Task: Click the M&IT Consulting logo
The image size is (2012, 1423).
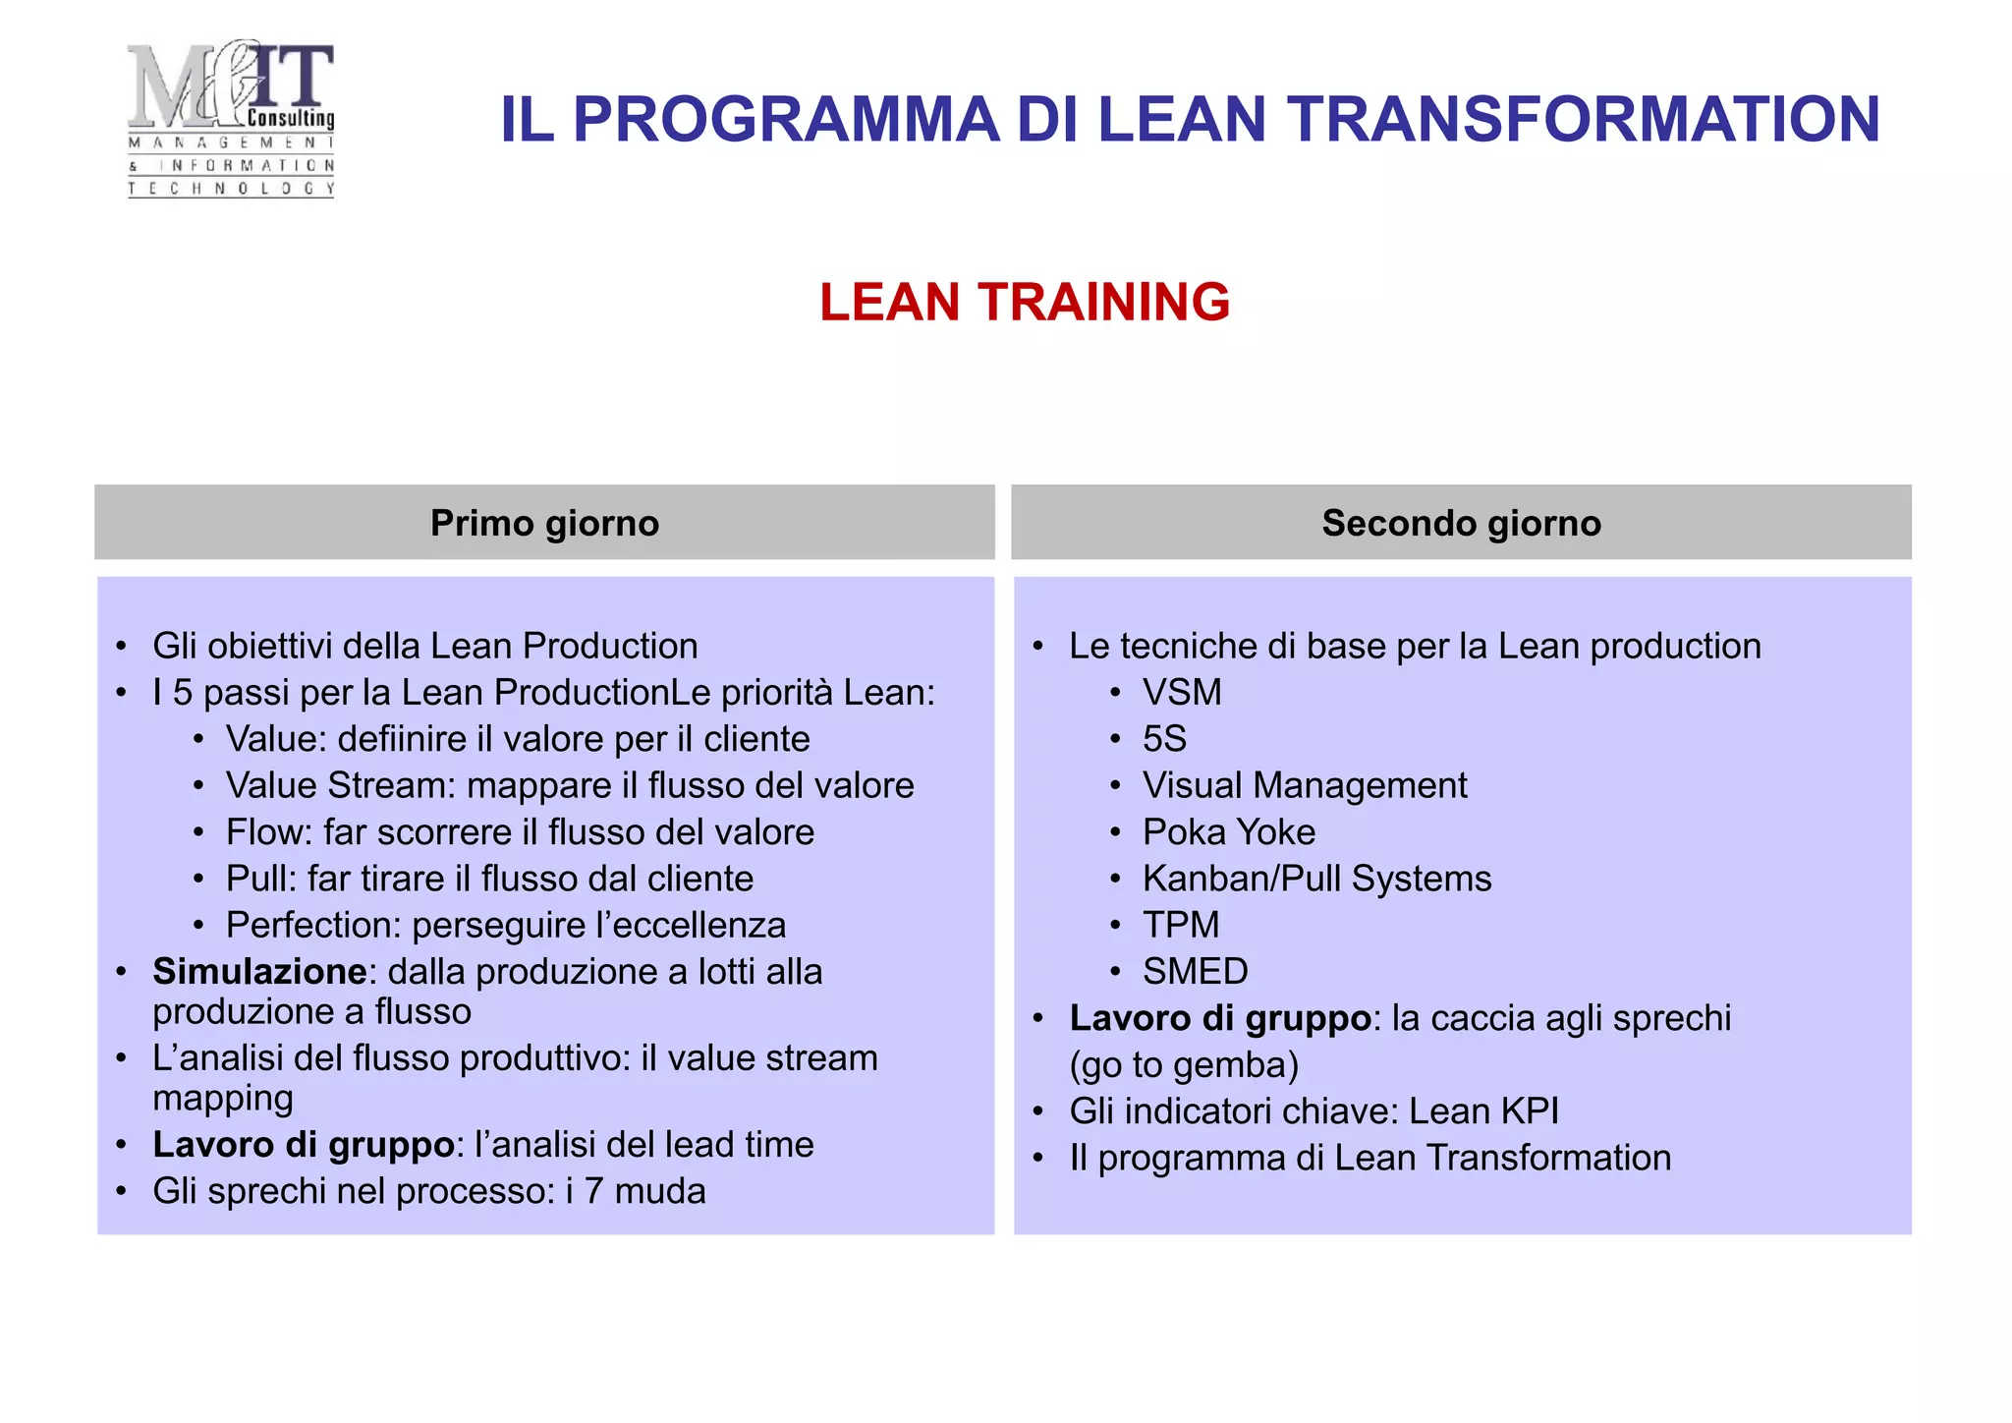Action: [232, 118]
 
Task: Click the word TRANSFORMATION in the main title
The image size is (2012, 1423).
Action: [1585, 120]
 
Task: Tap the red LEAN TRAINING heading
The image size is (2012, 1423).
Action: [1025, 302]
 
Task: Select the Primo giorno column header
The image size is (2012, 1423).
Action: [544, 523]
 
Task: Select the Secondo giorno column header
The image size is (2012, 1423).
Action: [1461, 523]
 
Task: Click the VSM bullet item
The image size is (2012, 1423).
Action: [1182, 693]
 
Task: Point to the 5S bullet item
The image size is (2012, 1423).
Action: [1164, 739]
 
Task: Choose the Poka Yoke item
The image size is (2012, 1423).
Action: [1228, 832]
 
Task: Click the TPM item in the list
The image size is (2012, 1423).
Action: [1180, 925]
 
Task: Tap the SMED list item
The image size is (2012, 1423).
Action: [1195, 972]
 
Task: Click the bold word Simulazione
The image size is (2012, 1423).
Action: [259, 972]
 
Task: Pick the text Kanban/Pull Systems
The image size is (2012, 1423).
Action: [1316, 879]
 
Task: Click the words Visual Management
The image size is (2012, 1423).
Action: [1304, 786]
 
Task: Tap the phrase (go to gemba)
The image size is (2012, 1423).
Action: [1184, 1065]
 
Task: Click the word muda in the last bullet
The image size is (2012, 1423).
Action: [660, 1191]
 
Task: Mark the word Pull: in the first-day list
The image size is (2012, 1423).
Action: [260, 879]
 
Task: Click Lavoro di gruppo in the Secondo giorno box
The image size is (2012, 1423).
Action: [1219, 1019]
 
